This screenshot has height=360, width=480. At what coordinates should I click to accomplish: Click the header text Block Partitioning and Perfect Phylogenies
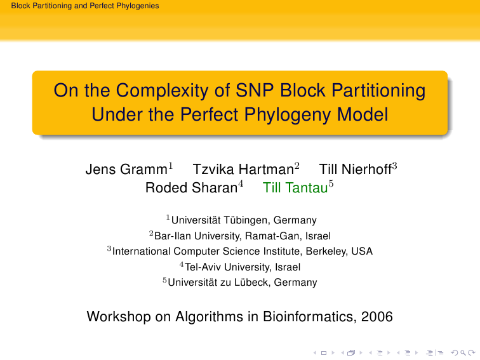[x=85, y=6]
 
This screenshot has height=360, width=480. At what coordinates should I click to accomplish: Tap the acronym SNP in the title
[x=255, y=90]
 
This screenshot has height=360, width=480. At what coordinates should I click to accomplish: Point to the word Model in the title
[x=363, y=114]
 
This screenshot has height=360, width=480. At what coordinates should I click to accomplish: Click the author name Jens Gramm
[x=126, y=170]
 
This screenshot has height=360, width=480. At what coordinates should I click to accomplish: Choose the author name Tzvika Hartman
[x=243, y=170]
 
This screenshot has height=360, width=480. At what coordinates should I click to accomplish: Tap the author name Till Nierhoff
[x=356, y=170]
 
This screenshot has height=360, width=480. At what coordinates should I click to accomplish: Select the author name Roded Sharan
[x=192, y=188]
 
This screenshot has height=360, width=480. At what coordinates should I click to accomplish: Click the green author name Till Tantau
[x=295, y=188]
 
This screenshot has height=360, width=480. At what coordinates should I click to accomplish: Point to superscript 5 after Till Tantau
[x=331, y=183]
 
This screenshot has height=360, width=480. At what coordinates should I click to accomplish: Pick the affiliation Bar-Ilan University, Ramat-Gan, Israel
[x=243, y=236]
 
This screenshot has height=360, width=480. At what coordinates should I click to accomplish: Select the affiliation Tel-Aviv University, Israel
[x=243, y=267]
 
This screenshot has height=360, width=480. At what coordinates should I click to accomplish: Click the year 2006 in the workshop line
[x=377, y=317]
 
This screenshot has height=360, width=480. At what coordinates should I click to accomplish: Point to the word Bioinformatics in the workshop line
[x=309, y=317]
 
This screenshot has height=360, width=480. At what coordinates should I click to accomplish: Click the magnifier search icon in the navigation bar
[x=463, y=353]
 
